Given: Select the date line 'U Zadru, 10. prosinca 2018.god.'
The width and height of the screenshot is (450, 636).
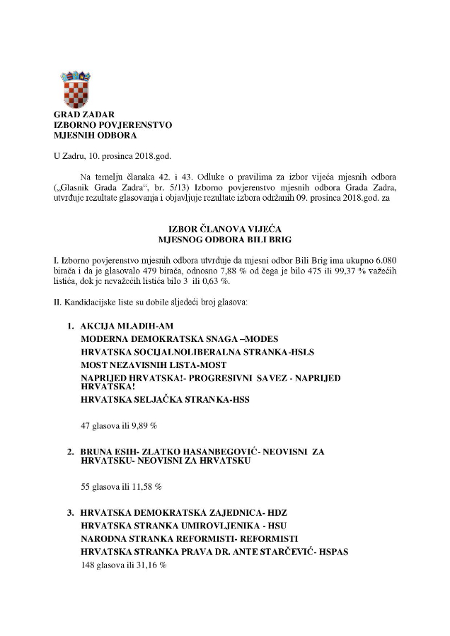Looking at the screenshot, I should click(112, 156).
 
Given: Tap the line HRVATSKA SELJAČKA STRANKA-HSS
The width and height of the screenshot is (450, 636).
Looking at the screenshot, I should click(166, 399).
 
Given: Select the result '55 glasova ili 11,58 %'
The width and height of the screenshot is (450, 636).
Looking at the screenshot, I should click(121, 487).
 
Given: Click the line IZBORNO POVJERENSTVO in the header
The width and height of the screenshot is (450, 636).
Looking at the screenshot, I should click(112, 124).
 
